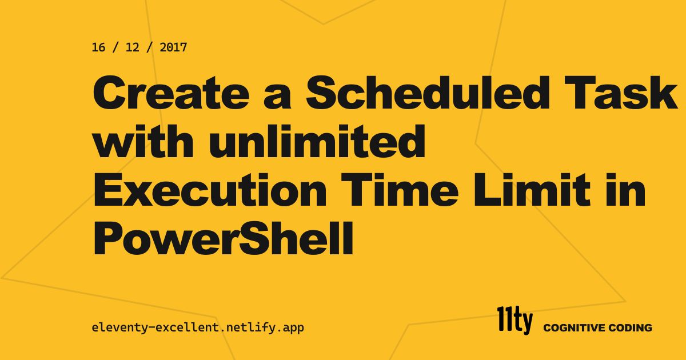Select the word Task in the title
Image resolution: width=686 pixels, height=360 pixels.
coord(620,92)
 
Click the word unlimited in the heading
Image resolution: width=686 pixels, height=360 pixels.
coord(317,141)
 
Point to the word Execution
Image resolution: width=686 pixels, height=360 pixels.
coord(210,190)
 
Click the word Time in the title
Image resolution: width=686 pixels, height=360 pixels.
coord(400,190)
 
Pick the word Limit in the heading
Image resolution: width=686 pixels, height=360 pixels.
coord(532,190)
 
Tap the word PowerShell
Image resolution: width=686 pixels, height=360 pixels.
coord(224,239)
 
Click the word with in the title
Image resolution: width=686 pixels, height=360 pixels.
coord(143,141)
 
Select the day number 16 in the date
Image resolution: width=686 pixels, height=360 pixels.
coord(98,47)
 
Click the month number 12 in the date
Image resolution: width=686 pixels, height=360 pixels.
coord(132,47)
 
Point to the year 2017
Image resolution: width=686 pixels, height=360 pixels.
coord(173,47)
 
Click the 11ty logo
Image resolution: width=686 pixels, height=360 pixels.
coord(515,321)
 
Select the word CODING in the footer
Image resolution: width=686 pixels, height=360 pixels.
coord(630,328)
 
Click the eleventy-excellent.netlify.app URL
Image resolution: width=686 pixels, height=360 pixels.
coord(198,327)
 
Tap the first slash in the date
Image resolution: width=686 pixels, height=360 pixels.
coord(115,47)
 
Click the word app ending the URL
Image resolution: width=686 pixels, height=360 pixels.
coord(293,328)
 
